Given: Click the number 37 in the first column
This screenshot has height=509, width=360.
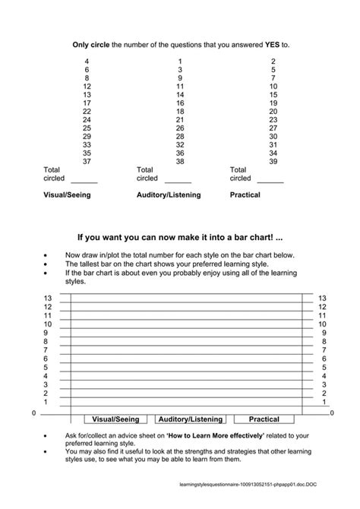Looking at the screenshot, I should coord(87,161).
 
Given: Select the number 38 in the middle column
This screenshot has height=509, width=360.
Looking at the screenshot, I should coord(180,161).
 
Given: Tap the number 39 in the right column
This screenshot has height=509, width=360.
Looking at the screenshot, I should coord(273,161).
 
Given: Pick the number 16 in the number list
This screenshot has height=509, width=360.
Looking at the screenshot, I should coord(180,103).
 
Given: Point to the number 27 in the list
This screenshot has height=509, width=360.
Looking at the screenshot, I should coord(273,128).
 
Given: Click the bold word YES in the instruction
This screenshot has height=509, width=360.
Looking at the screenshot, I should coord(274,45).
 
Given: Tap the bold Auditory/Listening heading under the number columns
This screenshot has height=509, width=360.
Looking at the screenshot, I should coord(169,195).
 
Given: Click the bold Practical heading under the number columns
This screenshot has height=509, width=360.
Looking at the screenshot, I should coord(245,195).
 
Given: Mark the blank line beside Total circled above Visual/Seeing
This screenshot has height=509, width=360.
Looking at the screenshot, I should coord(84,181).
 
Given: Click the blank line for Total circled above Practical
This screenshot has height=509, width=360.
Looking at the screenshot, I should coord(270,181).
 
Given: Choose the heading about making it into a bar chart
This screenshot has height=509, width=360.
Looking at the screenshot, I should coord(181,237).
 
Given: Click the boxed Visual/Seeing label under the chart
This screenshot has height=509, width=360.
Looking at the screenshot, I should coord(113,419).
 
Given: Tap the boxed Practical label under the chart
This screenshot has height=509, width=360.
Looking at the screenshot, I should coord(264,419).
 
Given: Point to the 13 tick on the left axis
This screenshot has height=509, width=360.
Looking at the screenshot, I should coord(47,298).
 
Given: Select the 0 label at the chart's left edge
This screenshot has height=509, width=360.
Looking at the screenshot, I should coord(33,413).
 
